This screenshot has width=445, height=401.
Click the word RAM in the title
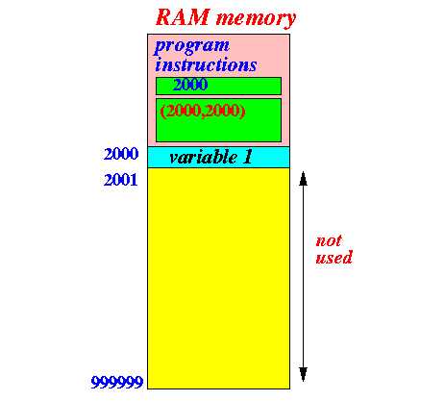(183, 17)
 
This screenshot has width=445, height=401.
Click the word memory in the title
(256, 19)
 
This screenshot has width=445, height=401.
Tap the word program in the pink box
(192, 47)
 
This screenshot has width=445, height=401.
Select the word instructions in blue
(206, 64)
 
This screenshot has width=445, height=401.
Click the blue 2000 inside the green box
(190, 85)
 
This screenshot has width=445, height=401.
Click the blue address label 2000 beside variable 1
(121, 154)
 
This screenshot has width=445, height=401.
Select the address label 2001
(121, 180)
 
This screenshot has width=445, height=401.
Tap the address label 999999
(117, 382)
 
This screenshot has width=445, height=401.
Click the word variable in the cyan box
(204, 157)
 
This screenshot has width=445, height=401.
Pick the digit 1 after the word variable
(247, 157)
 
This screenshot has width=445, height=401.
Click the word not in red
(329, 240)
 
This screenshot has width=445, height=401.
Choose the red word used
(334, 258)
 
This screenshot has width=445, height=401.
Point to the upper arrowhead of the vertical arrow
(303, 178)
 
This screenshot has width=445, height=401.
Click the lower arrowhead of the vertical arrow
(303, 374)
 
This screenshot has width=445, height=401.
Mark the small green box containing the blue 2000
(218, 86)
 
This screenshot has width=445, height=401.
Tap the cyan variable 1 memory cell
(218, 158)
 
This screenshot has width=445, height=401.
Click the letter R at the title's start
(165, 17)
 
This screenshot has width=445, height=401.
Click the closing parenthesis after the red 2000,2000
(243, 111)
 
